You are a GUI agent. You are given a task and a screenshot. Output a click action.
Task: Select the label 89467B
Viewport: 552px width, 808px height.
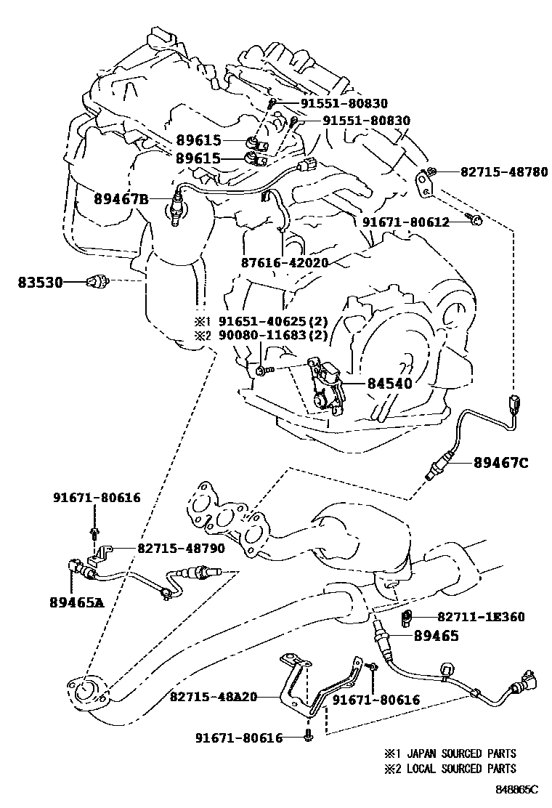coord(121,198)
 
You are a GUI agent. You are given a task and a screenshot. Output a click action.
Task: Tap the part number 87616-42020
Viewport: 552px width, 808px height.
coord(285,262)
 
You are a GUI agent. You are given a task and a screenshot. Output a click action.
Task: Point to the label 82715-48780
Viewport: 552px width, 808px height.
coord(504,172)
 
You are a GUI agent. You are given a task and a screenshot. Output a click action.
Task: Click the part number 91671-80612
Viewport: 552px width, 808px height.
coord(406,221)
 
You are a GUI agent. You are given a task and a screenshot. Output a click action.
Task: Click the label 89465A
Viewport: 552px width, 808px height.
coord(78,602)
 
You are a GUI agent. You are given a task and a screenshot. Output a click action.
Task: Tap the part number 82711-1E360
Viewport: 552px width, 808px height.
coord(481,617)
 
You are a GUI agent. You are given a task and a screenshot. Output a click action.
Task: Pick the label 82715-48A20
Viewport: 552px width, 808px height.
coord(214,696)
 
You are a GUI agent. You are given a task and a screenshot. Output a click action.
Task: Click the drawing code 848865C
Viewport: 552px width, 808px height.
coord(518,788)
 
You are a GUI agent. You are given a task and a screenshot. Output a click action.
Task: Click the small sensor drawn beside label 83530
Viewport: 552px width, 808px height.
coord(95,281)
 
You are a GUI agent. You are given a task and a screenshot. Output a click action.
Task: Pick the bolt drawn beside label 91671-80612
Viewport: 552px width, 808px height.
coord(475,219)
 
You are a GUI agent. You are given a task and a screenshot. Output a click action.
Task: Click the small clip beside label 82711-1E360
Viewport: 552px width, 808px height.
coord(407,618)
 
